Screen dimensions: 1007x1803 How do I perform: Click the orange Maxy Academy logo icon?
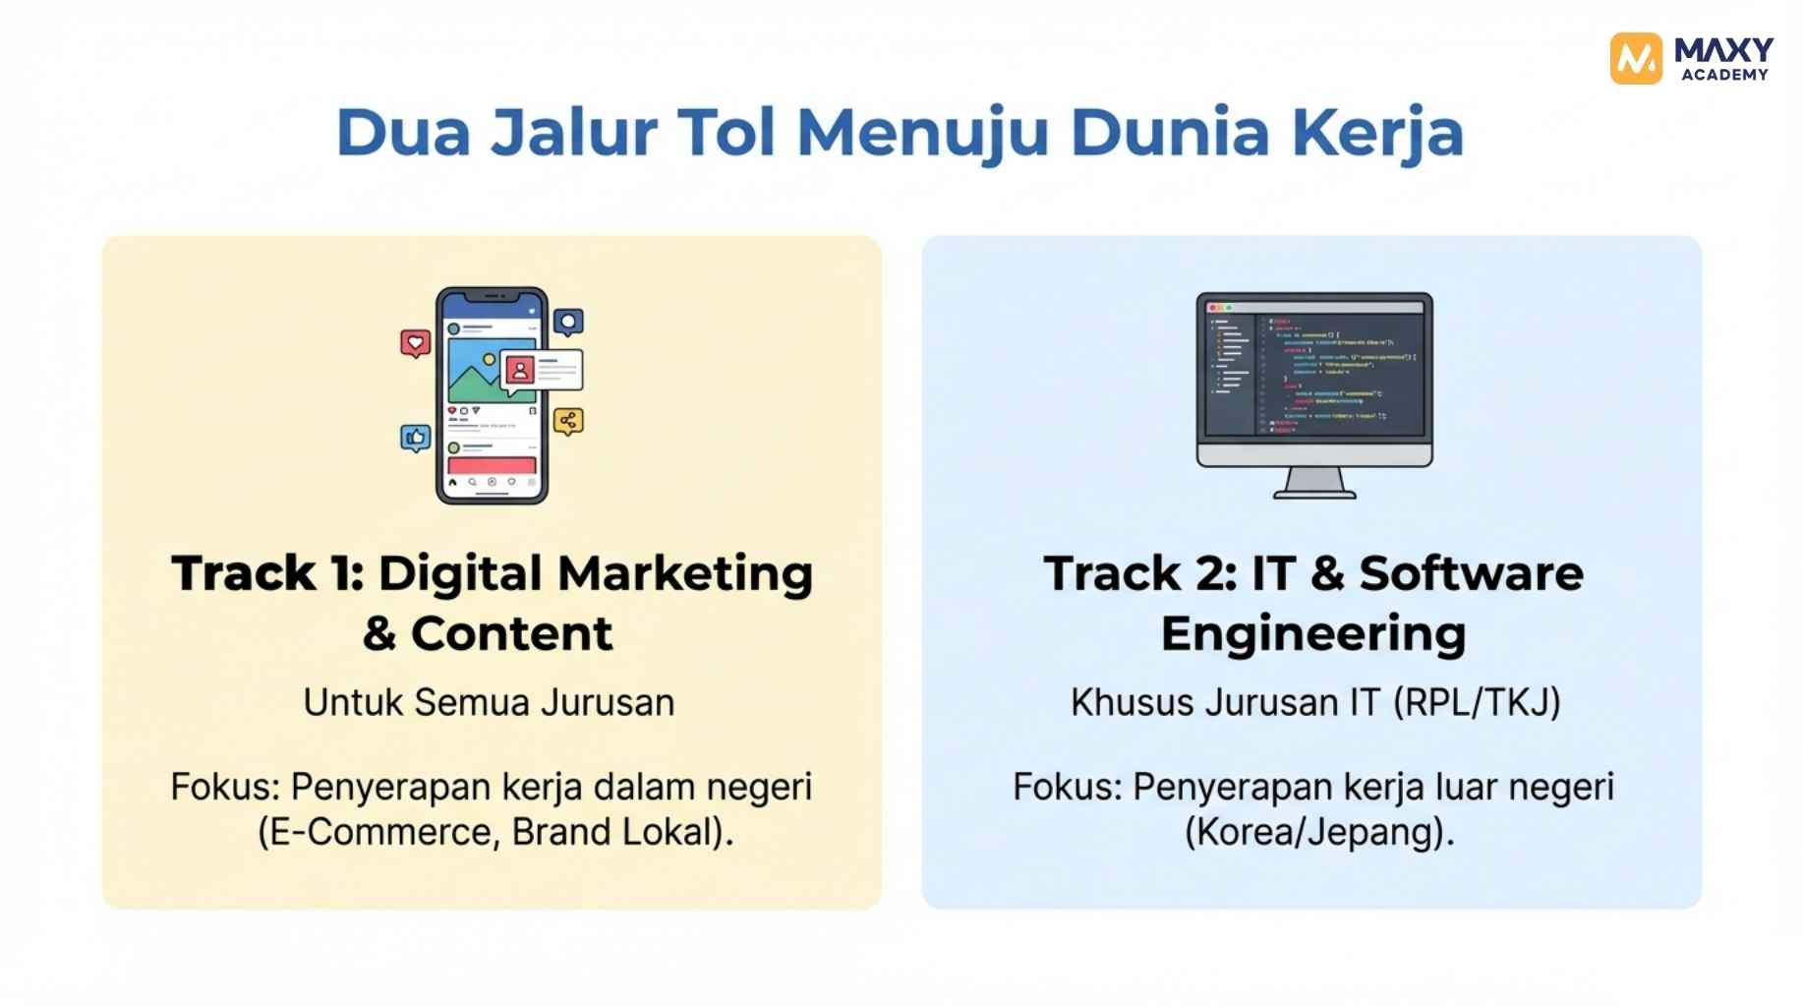[1635, 58]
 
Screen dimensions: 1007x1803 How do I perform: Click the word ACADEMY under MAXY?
[1724, 75]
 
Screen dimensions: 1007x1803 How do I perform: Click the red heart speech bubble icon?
[416, 343]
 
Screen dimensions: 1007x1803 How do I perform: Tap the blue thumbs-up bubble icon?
[416, 437]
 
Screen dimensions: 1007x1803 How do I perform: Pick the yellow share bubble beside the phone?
[568, 422]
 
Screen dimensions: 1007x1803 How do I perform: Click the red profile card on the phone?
[520, 370]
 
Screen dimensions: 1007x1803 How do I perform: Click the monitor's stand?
[1314, 483]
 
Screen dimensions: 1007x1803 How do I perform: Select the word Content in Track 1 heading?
[511, 633]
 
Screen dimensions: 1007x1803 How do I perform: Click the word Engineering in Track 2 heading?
[1313, 633]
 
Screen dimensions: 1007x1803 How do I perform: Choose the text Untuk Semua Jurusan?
[489, 702]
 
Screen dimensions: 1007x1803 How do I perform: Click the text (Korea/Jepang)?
[1319, 832]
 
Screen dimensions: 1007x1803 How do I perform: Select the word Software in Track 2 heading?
[1471, 573]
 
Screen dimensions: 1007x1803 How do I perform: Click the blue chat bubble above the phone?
[568, 323]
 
